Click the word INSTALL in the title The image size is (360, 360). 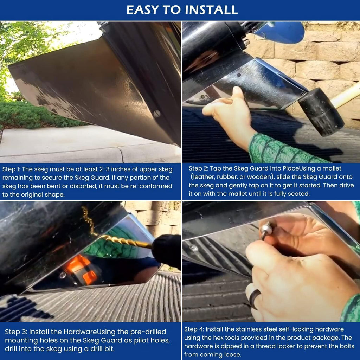[x=211, y=10]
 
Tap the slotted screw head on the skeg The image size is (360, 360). [x=156, y=114]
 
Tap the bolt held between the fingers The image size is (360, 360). [x=267, y=230]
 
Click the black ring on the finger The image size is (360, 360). [x=255, y=299]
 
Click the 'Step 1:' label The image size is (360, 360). [x=11, y=169]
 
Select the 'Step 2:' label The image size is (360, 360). [x=198, y=168]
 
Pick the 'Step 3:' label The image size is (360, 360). [x=16, y=332]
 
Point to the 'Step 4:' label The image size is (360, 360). [x=194, y=329]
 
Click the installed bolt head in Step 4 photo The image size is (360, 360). [x=194, y=248]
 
